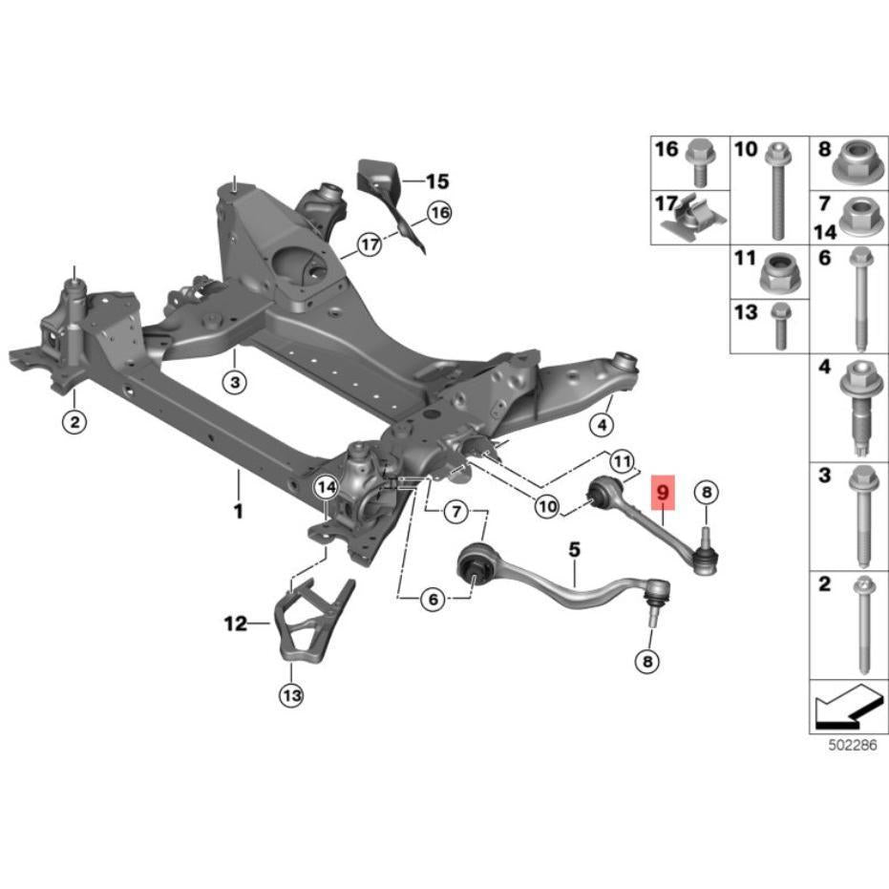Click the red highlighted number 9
click(x=664, y=492)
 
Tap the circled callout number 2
click(x=74, y=422)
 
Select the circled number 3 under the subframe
click(x=235, y=382)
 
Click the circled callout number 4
click(x=602, y=424)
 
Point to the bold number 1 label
click(x=239, y=511)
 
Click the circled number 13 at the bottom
click(x=291, y=694)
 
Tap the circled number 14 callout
click(x=327, y=487)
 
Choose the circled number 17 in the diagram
click(x=370, y=244)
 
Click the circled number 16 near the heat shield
click(x=439, y=213)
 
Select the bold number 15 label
click(x=437, y=181)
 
